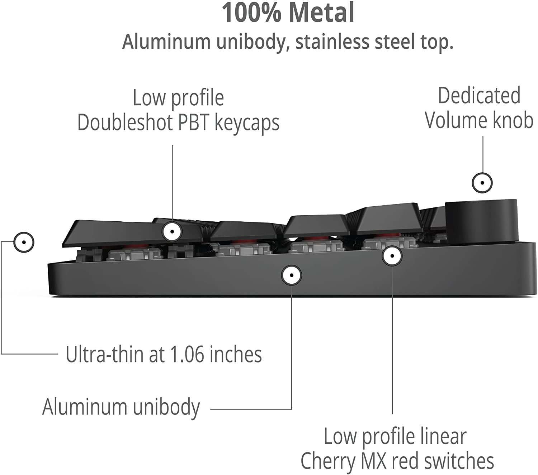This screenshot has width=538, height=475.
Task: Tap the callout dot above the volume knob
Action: pyautogui.click(x=482, y=183)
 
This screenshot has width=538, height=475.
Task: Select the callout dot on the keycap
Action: pyautogui.click(x=172, y=231)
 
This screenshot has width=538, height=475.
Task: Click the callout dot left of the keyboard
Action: pyautogui.click(x=24, y=242)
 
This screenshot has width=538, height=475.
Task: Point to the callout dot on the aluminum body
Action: pyautogui.click(x=292, y=275)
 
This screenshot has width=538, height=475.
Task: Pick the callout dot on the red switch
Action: pyautogui.click(x=392, y=256)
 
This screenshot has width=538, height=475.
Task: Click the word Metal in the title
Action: pyautogui.click(x=322, y=13)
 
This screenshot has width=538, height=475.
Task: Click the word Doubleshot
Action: pyautogui.click(x=125, y=123)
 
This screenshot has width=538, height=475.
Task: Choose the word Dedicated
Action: pyautogui.click(x=479, y=96)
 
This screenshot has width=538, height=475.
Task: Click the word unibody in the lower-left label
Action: pyautogui.click(x=166, y=408)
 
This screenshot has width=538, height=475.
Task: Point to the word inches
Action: pyautogui.click(x=236, y=354)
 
